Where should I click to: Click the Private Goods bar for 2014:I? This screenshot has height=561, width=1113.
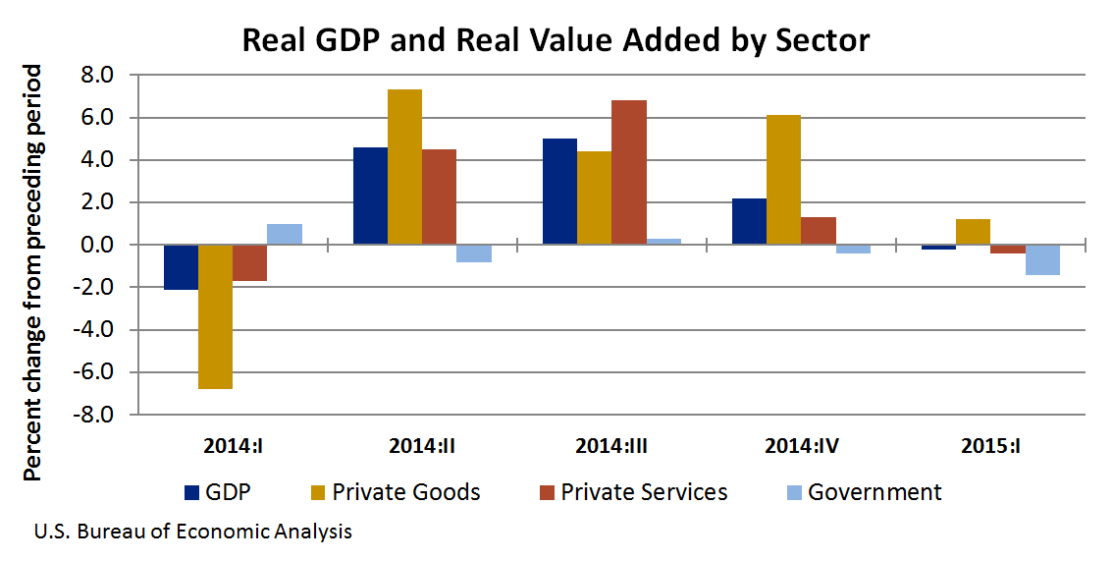(215, 316)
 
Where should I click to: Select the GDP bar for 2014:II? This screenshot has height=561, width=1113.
(370, 196)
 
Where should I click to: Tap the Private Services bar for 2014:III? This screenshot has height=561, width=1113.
(628, 172)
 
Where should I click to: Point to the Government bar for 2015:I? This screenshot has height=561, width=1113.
(1041, 259)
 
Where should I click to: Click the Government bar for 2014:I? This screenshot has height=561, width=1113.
(284, 234)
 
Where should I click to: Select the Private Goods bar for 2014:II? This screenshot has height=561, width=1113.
(404, 167)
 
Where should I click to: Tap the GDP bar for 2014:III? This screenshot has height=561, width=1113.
(559, 192)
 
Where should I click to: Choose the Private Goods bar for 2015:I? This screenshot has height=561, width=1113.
(973, 232)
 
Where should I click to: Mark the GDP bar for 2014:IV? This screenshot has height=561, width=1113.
(749, 221)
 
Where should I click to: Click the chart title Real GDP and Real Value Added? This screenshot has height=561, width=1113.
(556, 40)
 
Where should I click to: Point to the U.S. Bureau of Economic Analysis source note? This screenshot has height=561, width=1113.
(192, 533)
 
